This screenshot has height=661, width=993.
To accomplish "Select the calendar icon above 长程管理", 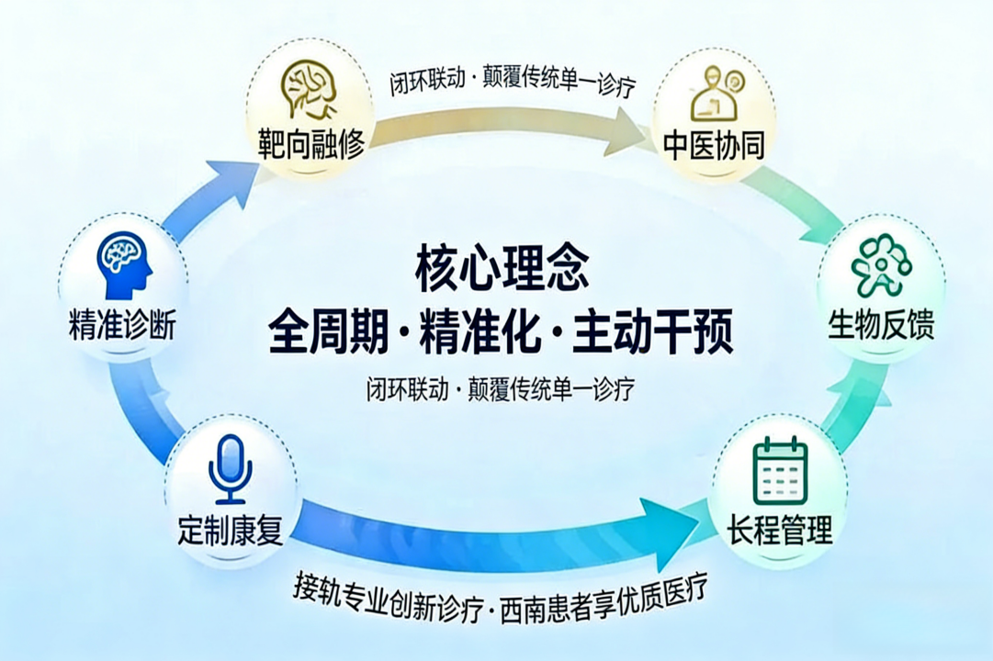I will [780, 471].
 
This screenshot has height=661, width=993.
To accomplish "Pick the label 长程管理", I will [780, 530].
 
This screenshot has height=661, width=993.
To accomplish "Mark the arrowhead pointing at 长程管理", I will [669, 522].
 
